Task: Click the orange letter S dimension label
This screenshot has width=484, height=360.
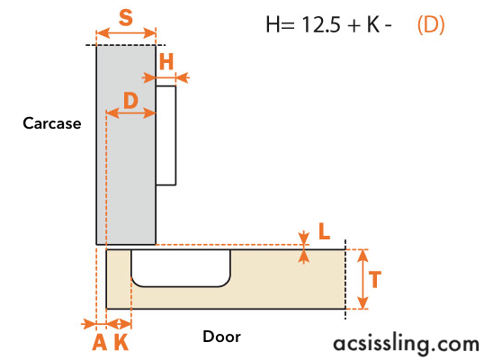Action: [x=126, y=18]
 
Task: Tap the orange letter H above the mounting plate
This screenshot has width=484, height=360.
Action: [x=166, y=62]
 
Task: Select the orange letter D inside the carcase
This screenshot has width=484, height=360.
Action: [x=130, y=100]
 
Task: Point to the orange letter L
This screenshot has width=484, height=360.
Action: [x=324, y=231]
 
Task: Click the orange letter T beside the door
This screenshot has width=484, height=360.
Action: [x=375, y=279]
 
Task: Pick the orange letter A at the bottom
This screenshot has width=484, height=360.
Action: [x=100, y=342]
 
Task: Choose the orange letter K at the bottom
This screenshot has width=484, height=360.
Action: [x=121, y=342]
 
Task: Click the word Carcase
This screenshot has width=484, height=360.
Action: [x=52, y=123]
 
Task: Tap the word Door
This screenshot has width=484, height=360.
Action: [x=221, y=337]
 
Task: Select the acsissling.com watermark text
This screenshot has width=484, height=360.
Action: [x=407, y=344]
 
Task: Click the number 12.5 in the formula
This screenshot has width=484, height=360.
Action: [x=320, y=24]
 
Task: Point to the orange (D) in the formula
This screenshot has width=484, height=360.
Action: [x=431, y=25]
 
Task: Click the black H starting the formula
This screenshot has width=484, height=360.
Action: [x=273, y=24]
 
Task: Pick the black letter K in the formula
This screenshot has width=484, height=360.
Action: [x=373, y=24]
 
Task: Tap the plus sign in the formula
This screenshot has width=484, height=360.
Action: [x=354, y=25]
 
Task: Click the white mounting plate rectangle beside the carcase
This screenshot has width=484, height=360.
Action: [x=166, y=136]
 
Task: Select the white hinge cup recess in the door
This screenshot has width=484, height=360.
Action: [x=181, y=268]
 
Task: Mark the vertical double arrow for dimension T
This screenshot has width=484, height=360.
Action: [x=363, y=279]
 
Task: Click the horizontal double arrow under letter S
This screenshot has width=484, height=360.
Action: [x=126, y=32]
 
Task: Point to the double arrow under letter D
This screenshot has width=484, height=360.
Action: [x=130, y=113]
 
